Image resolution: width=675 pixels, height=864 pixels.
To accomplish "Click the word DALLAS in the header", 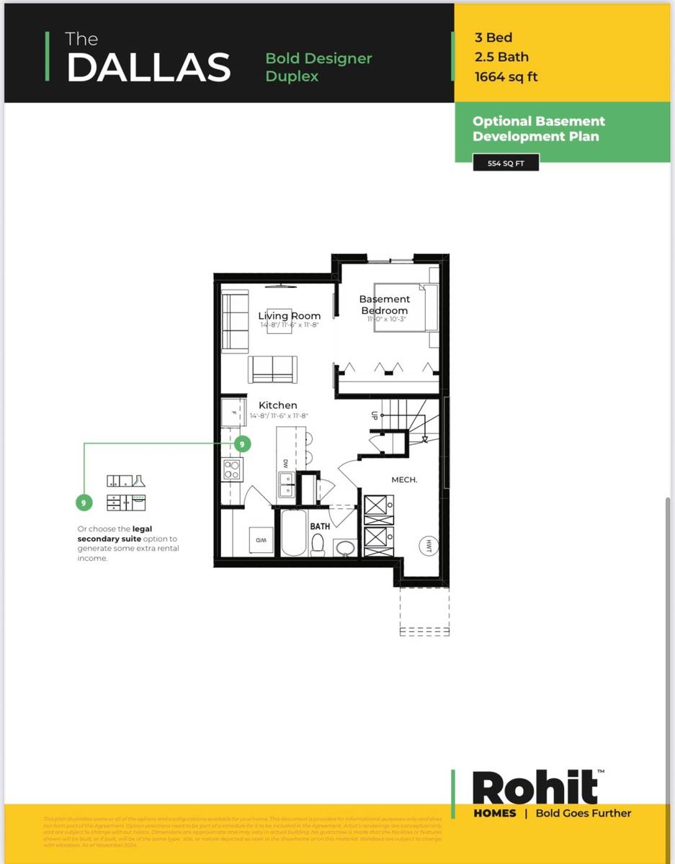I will [148, 67].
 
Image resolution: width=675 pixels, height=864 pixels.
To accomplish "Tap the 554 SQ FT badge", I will [506, 163].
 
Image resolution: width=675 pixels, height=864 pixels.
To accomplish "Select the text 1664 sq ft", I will [506, 77].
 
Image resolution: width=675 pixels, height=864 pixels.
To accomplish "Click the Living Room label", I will [289, 315].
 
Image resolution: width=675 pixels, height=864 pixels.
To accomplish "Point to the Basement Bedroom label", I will [384, 305].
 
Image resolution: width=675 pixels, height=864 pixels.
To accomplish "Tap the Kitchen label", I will [277, 405].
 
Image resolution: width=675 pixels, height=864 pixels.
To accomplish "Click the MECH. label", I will [404, 479].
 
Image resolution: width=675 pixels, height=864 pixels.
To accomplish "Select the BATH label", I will [320, 526].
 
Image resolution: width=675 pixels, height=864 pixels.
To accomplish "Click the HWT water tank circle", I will [429, 545].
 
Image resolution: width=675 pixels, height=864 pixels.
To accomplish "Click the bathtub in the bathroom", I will [293, 533].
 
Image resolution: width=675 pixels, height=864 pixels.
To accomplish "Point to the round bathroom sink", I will [345, 548].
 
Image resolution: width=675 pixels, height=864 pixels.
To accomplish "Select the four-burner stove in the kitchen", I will [232, 469].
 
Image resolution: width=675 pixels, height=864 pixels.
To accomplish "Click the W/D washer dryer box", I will [260, 539].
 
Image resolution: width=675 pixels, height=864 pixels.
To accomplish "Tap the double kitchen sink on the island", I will [286, 489].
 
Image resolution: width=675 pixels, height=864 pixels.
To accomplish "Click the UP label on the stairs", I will [375, 416].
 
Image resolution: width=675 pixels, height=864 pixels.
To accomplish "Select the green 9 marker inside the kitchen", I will [242, 444].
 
